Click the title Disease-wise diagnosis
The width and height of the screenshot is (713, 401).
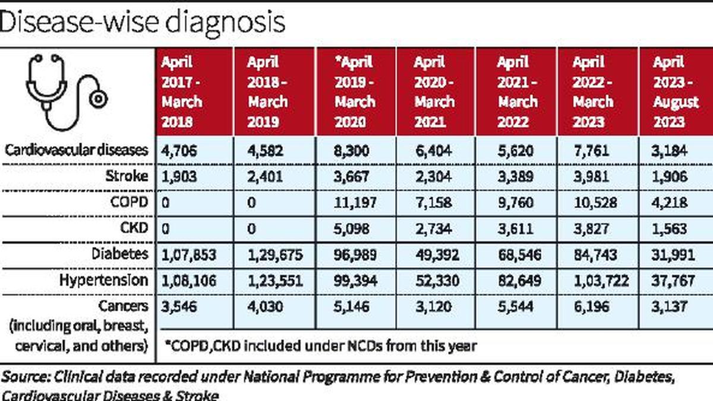tap(143, 22)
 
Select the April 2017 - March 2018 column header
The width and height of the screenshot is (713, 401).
tap(182, 91)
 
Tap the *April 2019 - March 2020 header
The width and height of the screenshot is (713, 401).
tap(355, 91)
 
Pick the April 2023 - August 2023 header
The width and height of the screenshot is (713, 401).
tap(676, 91)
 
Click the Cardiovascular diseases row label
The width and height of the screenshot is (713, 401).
tap(76, 150)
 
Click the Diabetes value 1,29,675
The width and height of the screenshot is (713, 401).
tap(275, 255)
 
